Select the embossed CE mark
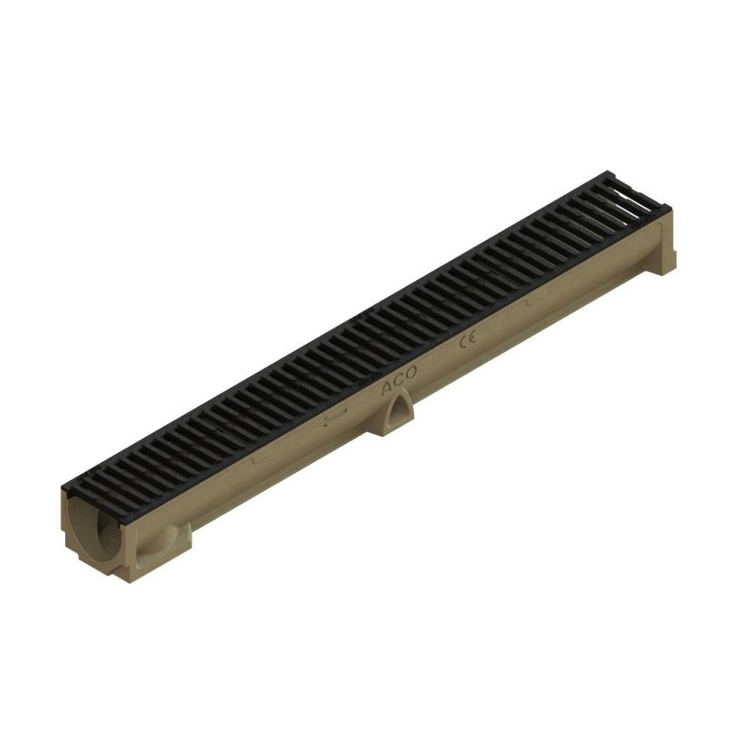(467, 341)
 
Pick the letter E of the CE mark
(472, 338)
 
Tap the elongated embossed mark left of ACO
(336, 417)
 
